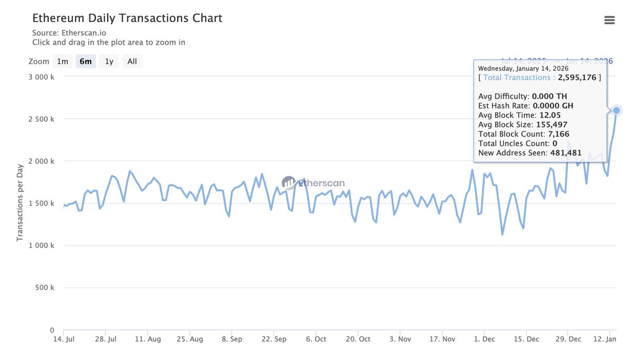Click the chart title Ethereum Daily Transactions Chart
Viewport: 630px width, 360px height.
pos(127,18)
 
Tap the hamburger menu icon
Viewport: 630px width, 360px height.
pos(610,20)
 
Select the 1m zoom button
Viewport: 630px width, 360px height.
pos(62,61)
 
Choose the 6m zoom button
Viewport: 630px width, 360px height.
pos(86,61)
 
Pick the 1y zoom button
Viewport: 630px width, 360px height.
pos(109,61)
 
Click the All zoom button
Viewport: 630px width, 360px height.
pos(132,61)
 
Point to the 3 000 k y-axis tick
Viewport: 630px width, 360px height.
pos(42,77)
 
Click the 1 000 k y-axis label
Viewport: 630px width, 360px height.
pos(42,246)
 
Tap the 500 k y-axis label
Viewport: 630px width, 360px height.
pos(45,288)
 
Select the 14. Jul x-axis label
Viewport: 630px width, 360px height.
pos(64,340)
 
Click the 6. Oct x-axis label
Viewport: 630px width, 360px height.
pos(316,340)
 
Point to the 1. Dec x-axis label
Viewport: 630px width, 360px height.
pos(484,340)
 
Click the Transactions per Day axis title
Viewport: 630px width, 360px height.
pos(20,203)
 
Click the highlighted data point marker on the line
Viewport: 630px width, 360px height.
pos(616,110)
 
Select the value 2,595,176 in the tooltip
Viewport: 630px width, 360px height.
pos(577,78)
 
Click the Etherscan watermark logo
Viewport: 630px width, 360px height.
pos(313,183)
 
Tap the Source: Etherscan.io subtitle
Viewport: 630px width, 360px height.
pos(69,33)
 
